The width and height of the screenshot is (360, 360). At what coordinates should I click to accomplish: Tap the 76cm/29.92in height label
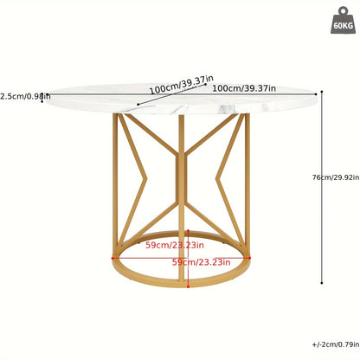[x=336, y=177]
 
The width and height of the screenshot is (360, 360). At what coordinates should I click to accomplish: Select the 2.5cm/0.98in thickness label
[x=25, y=96]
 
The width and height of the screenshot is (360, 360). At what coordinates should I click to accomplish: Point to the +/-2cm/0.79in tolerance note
[x=336, y=344]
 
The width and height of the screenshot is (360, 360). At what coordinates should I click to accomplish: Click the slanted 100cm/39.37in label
[x=182, y=84]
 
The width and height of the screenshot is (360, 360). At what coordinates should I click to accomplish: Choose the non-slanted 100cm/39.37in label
[x=244, y=88]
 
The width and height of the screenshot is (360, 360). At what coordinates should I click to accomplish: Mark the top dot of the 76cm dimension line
[x=322, y=92]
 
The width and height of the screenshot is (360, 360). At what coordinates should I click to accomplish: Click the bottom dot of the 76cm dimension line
[x=322, y=283]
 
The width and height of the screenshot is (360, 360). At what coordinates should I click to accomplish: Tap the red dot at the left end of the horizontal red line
[x=112, y=259]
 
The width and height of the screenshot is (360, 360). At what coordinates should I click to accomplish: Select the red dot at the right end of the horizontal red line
[x=250, y=258]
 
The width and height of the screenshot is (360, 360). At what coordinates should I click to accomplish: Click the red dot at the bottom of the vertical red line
[x=188, y=286]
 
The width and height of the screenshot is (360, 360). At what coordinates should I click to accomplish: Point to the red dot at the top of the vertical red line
[x=188, y=230]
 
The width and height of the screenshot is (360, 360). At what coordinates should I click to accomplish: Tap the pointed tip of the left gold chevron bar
[x=146, y=179]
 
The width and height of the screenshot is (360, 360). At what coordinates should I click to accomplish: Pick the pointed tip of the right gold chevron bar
[x=216, y=179]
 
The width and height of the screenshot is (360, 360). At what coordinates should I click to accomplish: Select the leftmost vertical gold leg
[x=115, y=184]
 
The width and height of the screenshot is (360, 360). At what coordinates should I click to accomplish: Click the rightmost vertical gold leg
[x=247, y=184]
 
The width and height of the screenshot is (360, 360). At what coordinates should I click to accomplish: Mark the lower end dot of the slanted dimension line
[x=138, y=105]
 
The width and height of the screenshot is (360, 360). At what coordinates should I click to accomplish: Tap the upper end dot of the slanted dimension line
[x=206, y=84]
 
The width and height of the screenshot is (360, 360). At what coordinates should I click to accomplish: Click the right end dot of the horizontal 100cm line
[x=316, y=94]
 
